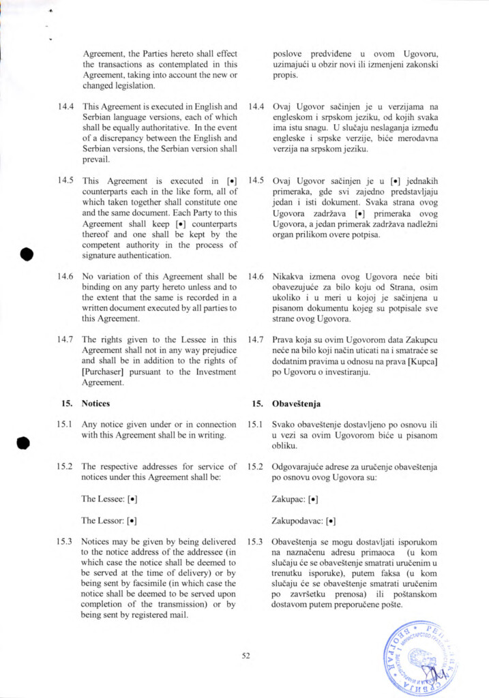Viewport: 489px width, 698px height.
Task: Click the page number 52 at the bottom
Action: [x=246, y=656]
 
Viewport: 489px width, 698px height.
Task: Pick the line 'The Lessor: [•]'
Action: [x=109, y=521]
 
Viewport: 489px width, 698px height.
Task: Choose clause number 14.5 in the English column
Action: [x=66, y=181]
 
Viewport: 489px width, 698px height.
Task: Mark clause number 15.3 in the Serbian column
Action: [x=256, y=542]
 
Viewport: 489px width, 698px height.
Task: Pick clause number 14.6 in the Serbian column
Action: [x=256, y=277]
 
